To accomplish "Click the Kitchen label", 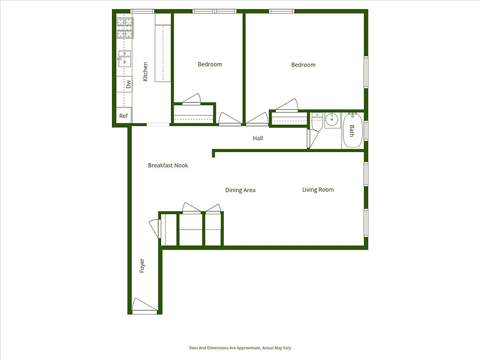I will click(x=145, y=72).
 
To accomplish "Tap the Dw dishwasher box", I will click(x=128, y=84).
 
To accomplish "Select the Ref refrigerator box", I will click(x=123, y=116).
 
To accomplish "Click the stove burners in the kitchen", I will click(x=125, y=28).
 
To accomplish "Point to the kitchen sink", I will click(x=125, y=59).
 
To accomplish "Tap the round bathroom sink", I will click(x=332, y=119).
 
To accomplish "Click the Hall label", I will click(x=258, y=138).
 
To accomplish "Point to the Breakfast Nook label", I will click(x=168, y=165).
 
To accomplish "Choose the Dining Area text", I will click(x=240, y=190).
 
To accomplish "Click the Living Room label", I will click(x=318, y=189).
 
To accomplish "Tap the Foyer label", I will click(x=142, y=265).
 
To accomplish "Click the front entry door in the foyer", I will click(x=144, y=306).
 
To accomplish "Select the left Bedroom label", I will click(x=210, y=64).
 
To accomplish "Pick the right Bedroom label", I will click(x=303, y=65).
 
